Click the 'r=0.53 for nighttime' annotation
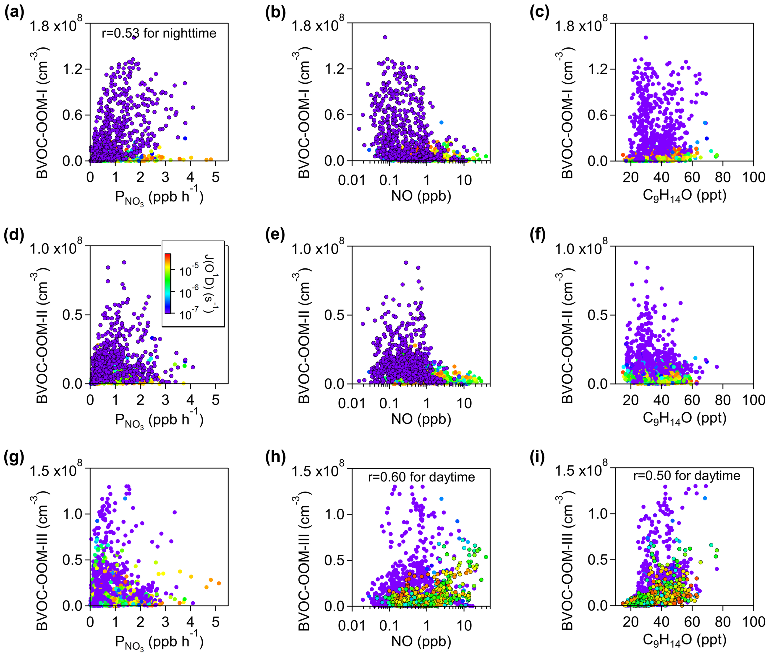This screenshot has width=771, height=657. pyautogui.click(x=159, y=33)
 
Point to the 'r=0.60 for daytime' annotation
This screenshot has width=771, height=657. pyautogui.click(x=421, y=477)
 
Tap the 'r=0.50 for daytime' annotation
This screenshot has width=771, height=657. pyautogui.click(x=687, y=476)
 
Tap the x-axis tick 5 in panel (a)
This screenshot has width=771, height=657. pyautogui.click(x=216, y=177)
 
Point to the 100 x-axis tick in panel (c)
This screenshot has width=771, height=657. pyautogui.click(x=753, y=177)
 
